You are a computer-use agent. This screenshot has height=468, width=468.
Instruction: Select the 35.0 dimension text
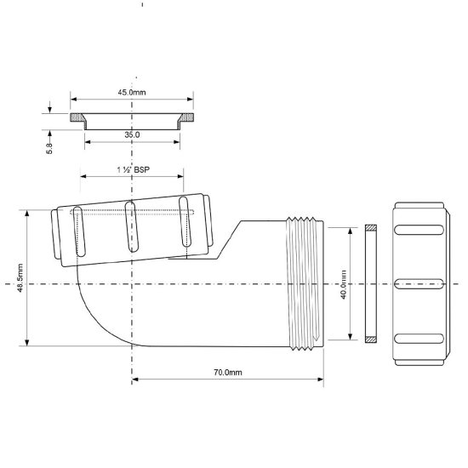tap(130, 134)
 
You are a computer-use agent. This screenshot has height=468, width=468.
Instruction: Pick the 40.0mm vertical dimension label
tap(344, 283)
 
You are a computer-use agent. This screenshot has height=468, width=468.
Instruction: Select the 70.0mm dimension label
tap(227, 373)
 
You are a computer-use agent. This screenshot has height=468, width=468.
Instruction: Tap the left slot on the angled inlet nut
tap(78, 229)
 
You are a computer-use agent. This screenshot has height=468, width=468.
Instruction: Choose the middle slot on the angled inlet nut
tap(130, 225)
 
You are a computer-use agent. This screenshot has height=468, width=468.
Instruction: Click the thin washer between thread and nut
tap(369, 283)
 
